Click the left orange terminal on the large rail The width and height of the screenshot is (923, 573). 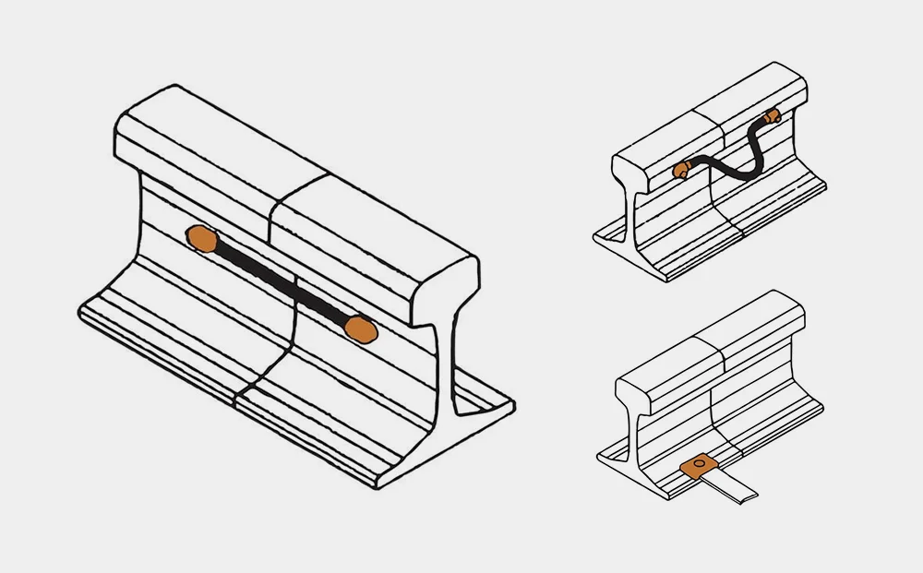click(199, 238)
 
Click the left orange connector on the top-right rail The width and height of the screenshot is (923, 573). click(681, 169)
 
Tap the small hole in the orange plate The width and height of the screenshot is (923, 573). click(700, 461)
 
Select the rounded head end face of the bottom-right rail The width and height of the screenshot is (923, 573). click(633, 397)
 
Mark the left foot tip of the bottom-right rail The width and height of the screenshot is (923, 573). click(601, 458)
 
